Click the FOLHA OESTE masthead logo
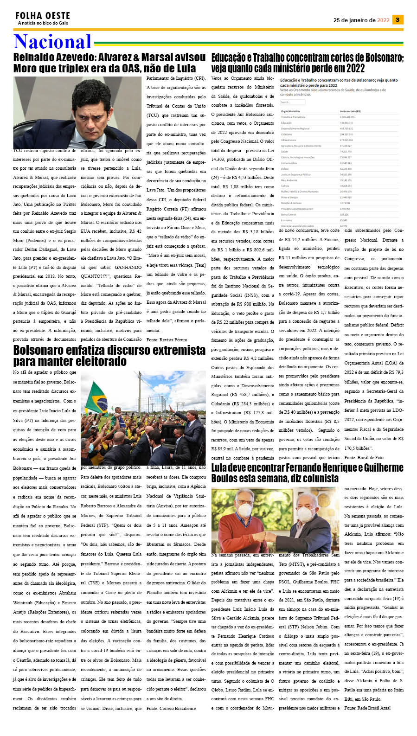tap(43, 16)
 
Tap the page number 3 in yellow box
tap(398, 19)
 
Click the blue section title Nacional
tap(52, 42)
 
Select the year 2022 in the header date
tap(383, 20)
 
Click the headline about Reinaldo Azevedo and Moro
tap(109, 63)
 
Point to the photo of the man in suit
tap(77, 112)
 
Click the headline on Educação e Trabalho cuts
tap(307, 63)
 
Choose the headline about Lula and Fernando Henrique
tap(307, 473)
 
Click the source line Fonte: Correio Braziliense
tap(171, 708)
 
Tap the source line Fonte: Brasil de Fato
tap(364, 457)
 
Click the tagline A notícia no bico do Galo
tap(43, 23)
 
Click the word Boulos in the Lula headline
tap(227, 478)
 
